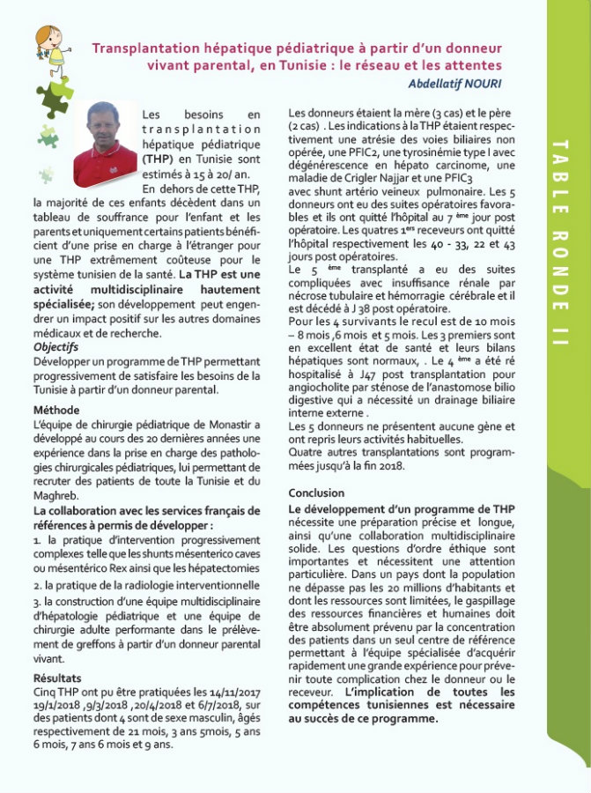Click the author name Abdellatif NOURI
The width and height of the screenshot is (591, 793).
(455, 83)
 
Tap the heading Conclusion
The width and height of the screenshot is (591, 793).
(317, 493)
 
